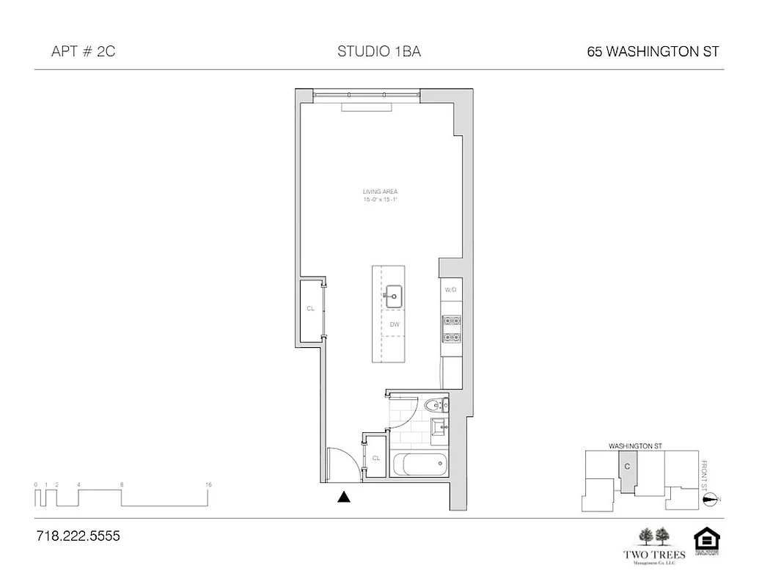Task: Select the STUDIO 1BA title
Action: (x=378, y=51)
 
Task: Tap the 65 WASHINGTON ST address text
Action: (x=653, y=51)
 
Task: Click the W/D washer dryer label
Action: (x=450, y=290)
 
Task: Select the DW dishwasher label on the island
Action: (x=394, y=324)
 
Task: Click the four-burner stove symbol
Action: (x=450, y=329)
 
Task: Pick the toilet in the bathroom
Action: (x=435, y=404)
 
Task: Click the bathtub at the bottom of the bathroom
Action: (x=419, y=464)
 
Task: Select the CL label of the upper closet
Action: (x=310, y=309)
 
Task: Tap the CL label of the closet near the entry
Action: (x=375, y=458)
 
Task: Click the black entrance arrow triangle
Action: (x=343, y=497)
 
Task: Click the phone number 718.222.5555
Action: (x=78, y=536)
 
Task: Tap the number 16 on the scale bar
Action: (x=209, y=484)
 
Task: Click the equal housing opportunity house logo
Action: (x=707, y=540)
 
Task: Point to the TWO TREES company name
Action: (x=654, y=555)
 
